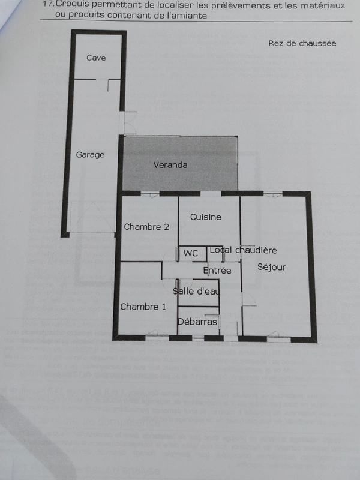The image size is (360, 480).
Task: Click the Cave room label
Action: (x=96, y=58)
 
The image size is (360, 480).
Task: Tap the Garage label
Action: (x=90, y=155)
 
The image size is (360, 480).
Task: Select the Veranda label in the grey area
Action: (x=170, y=165)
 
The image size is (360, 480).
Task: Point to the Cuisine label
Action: (x=205, y=217)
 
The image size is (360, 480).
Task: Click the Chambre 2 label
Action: (x=146, y=227)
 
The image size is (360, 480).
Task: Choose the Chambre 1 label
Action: (x=143, y=307)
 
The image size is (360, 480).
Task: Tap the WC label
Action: (x=191, y=253)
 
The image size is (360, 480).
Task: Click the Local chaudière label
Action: (x=243, y=250)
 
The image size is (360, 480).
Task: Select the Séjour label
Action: (x=271, y=267)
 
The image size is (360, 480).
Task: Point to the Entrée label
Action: (x=217, y=271)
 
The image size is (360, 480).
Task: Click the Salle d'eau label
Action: (x=196, y=291)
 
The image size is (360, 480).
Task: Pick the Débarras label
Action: (x=197, y=322)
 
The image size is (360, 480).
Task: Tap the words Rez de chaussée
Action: (x=302, y=43)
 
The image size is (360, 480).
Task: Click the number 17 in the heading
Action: (x=48, y=5)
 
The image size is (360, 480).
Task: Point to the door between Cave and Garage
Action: (x=103, y=85)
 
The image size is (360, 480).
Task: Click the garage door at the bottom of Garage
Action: (x=93, y=217)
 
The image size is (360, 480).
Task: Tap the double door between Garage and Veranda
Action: (x=128, y=123)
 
